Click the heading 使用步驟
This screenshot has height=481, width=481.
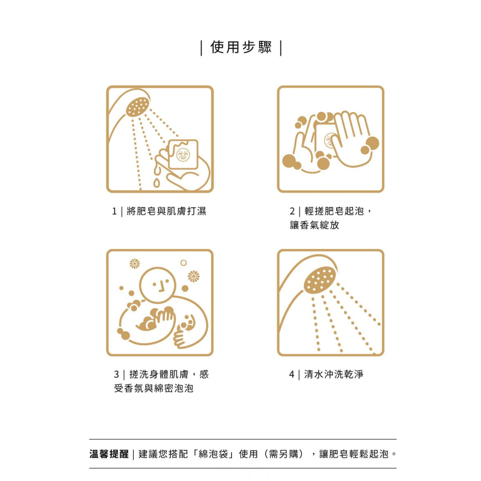[241, 48]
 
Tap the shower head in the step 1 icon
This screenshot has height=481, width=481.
[138, 107]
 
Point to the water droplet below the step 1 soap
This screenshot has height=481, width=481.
[156, 183]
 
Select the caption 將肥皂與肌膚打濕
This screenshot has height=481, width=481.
[166, 211]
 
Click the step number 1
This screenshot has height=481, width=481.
[114, 211]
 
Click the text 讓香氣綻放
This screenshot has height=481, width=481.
[315, 225]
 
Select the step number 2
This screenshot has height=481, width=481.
[292, 211]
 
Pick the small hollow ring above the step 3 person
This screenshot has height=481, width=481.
[183, 263]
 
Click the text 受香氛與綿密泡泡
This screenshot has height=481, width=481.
[154, 388]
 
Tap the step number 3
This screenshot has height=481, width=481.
[116, 374]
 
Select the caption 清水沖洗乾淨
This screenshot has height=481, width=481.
[334, 374]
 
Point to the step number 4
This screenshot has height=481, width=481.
[292, 374]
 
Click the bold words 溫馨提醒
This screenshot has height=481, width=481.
[109, 454]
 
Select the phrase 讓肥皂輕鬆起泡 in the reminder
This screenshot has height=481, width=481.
[353, 454]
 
